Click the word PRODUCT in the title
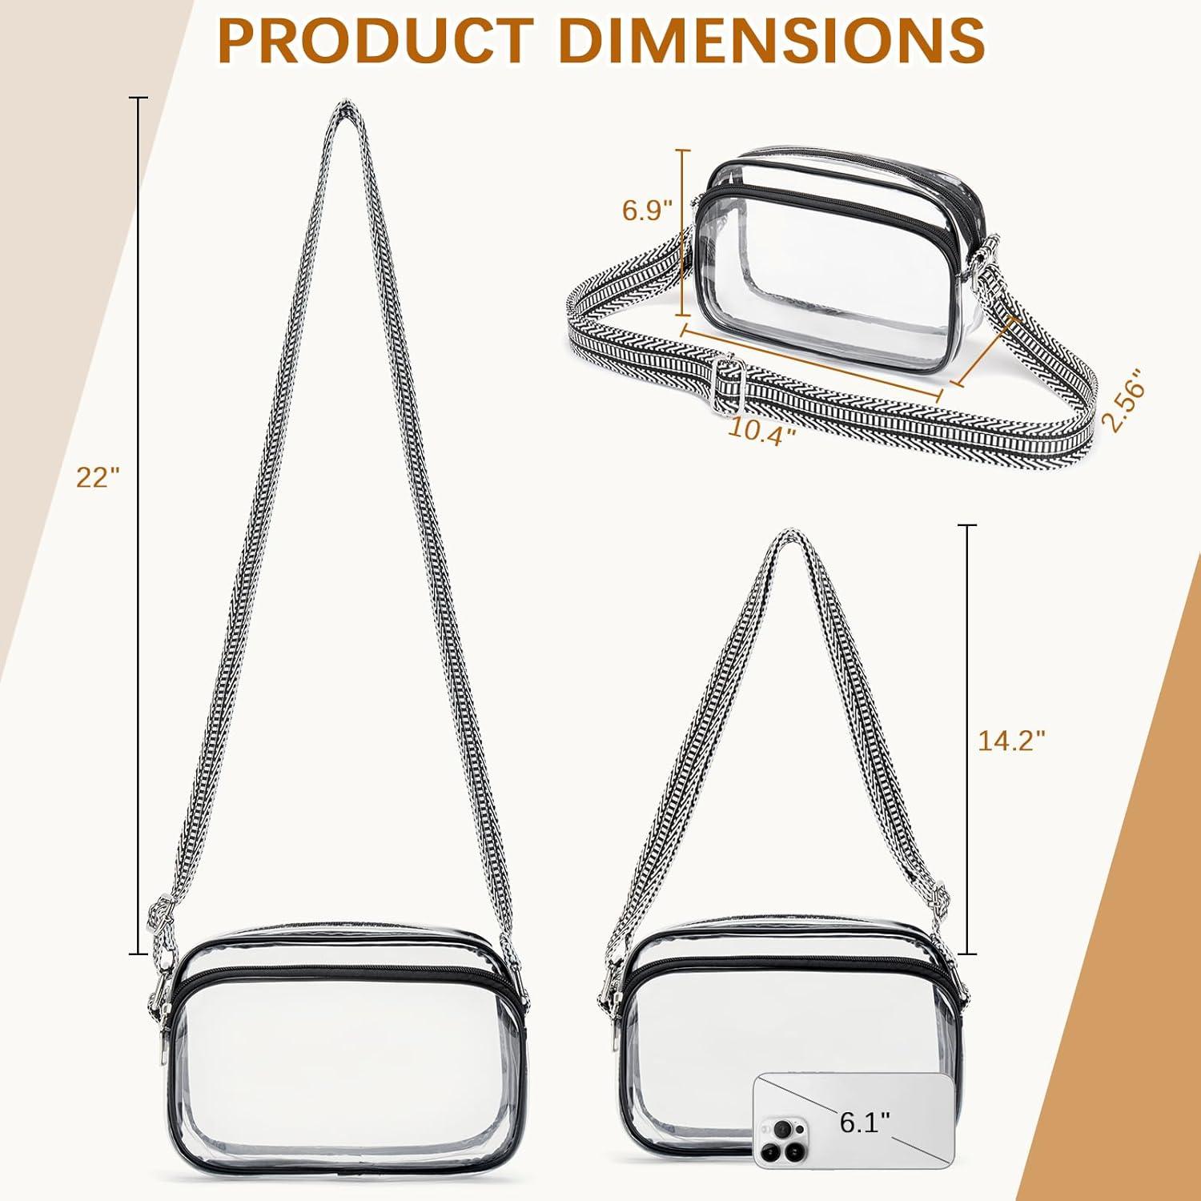click(375, 38)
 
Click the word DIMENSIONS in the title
click(769, 38)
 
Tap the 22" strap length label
click(98, 477)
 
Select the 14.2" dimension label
click(1012, 741)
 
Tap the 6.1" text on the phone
click(865, 1123)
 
